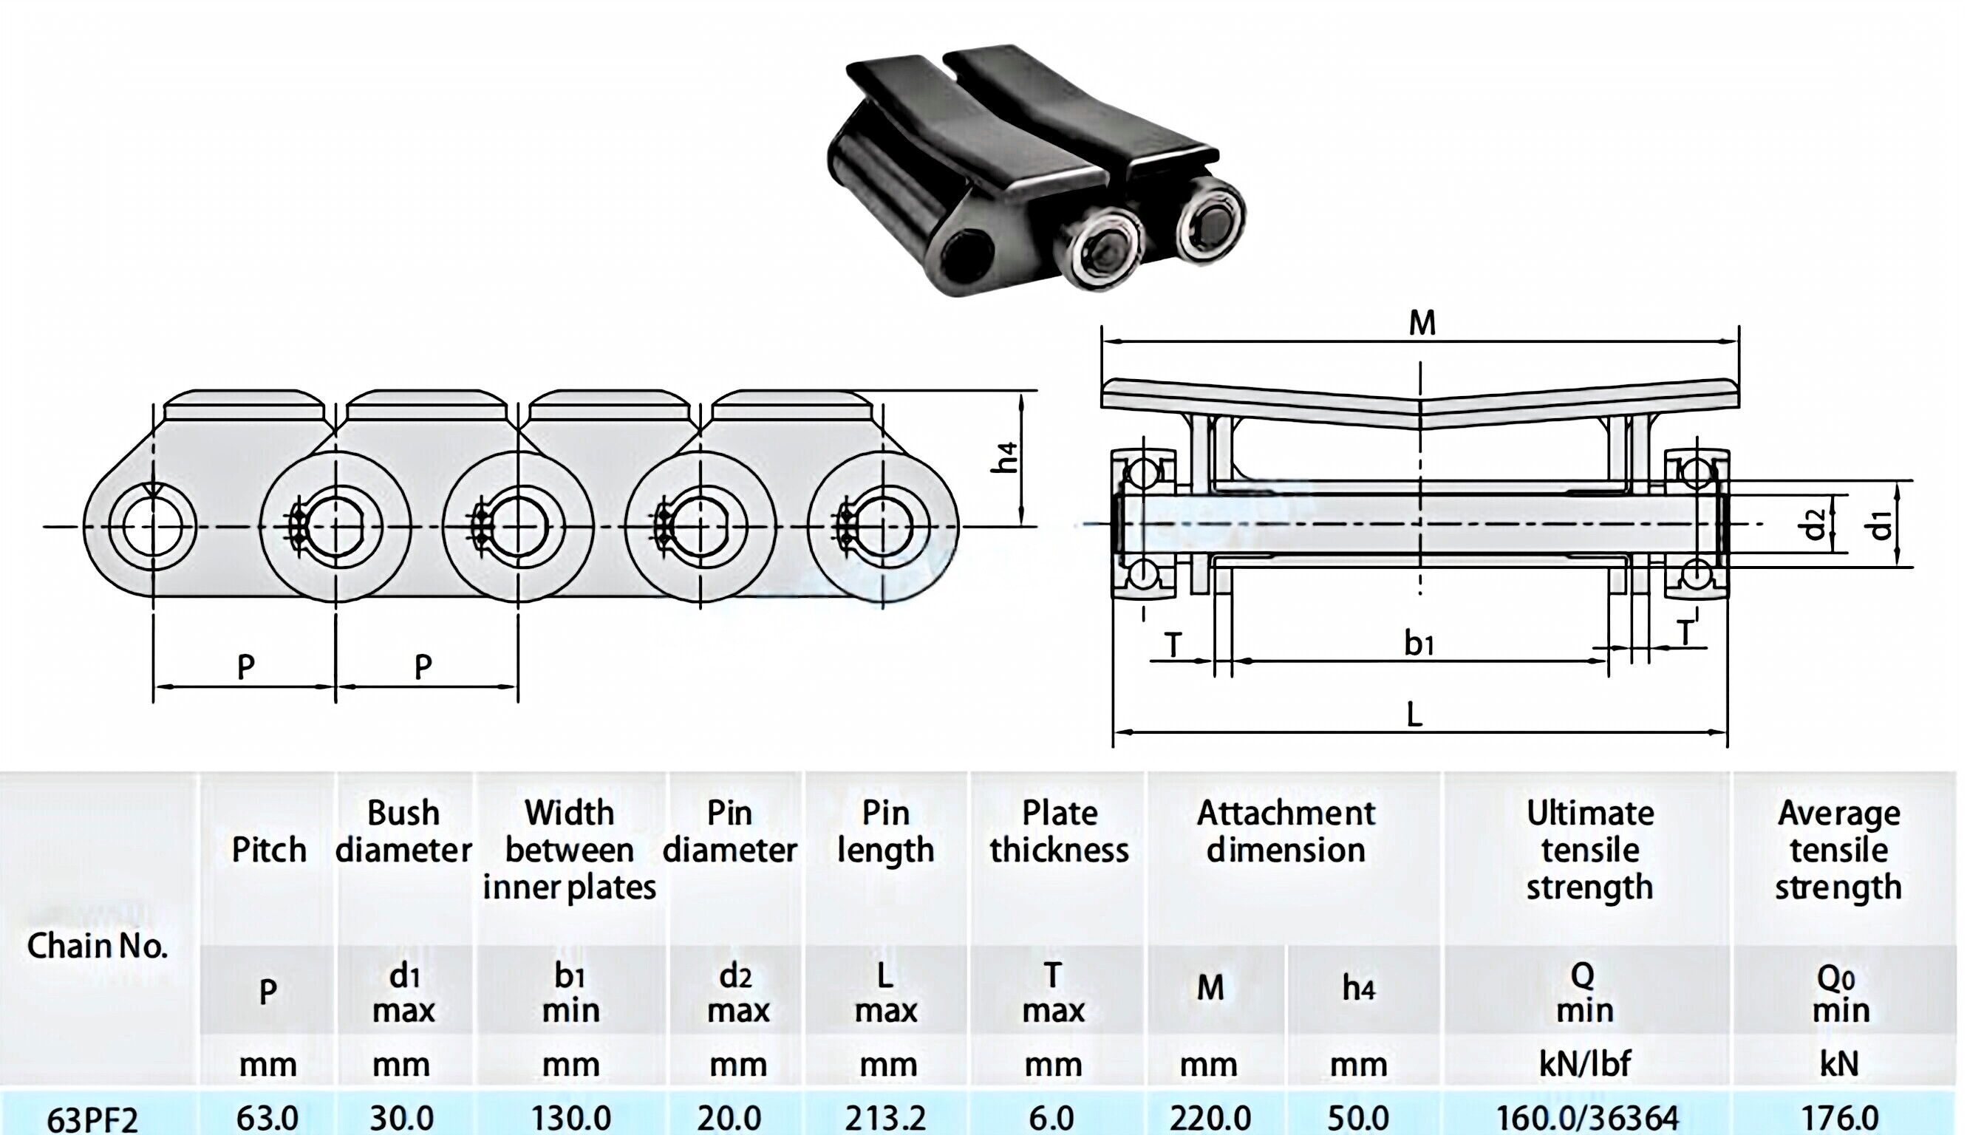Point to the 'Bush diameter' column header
coord(403,831)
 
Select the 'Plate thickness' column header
coord(1058,831)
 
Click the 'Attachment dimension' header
coord(1286,831)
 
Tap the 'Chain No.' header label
coord(98,946)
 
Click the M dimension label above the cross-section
coord(1422,323)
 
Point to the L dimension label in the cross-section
coord(1414,714)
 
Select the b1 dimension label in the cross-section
coord(1419,644)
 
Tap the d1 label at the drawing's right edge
coord(1881,525)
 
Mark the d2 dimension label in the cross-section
coord(1813,524)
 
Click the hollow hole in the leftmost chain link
coord(152,527)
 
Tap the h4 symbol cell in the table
coord(1358,989)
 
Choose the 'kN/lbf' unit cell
coord(1585,1063)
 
